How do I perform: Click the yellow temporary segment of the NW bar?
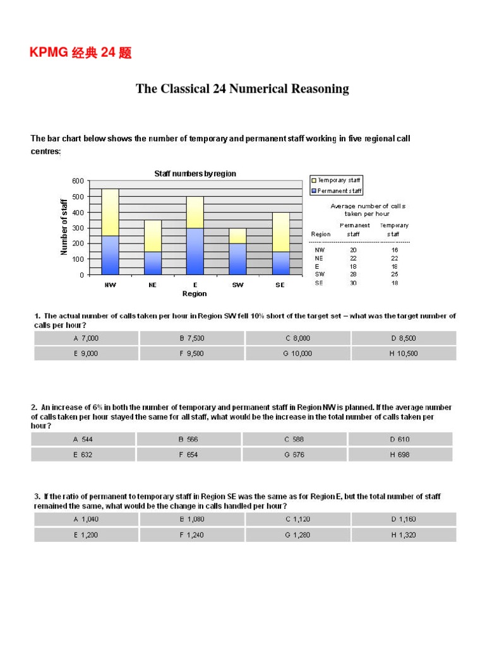click(x=111, y=212)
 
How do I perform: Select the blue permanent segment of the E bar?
click(x=195, y=251)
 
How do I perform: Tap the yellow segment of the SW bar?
click(x=237, y=235)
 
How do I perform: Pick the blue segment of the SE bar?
click(x=280, y=262)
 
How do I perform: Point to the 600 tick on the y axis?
click(x=77, y=181)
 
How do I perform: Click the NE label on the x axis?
click(x=152, y=285)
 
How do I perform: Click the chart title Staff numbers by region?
click(x=195, y=173)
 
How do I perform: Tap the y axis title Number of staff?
click(x=64, y=227)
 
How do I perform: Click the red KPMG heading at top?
click(x=80, y=53)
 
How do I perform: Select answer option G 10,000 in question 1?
click(x=297, y=354)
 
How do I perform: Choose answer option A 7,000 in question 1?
click(x=86, y=338)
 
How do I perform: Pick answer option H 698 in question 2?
click(x=400, y=455)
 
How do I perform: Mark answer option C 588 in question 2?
click(x=294, y=439)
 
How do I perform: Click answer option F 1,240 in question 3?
click(x=192, y=535)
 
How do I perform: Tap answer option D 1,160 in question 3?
click(x=404, y=519)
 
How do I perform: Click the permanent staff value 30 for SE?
click(x=354, y=283)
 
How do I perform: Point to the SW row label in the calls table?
click(x=320, y=274)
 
